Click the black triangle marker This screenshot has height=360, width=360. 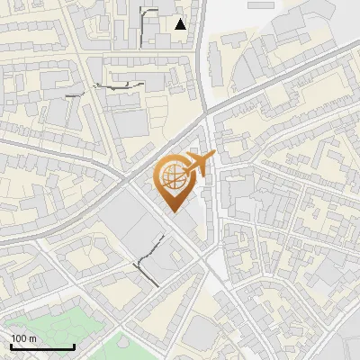point(181,24)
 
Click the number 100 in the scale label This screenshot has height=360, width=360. point(18,338)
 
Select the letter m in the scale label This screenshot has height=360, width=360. point(32,338)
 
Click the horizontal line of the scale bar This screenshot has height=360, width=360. point(41,347)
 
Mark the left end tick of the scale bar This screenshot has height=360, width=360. point(10,346)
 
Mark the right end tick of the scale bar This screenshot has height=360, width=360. point(73,346)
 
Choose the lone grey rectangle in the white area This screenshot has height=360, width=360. point(260,4)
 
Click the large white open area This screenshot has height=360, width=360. point(225,54)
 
